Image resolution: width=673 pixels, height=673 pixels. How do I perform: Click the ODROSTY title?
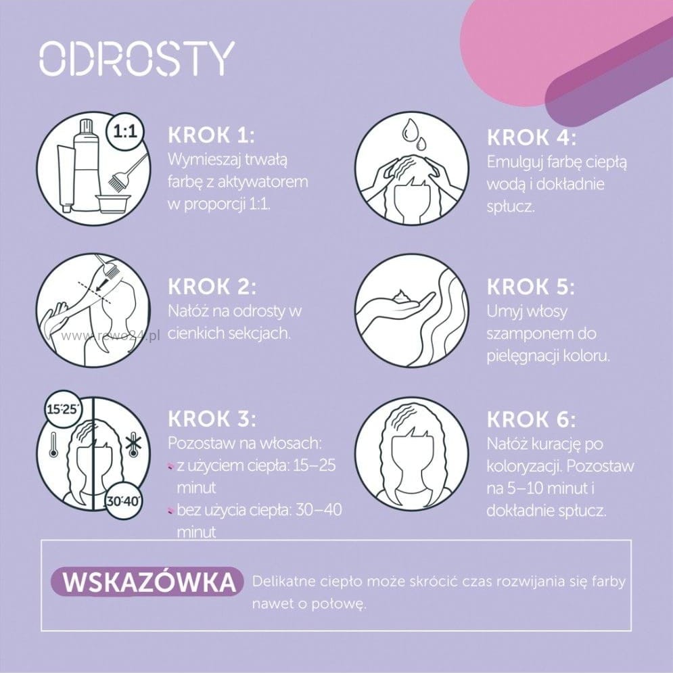point(137,58)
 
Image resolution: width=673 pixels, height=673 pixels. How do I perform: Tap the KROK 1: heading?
point(211,135)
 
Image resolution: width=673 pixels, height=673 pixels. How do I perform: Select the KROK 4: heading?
point(531,137)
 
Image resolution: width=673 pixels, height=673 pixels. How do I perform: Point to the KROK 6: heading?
point(531,419)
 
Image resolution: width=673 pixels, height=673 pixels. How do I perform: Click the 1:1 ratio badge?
point(125,131)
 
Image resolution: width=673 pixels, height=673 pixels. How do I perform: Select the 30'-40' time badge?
point(124,501)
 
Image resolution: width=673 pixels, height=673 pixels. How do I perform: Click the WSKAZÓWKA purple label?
point(147,582)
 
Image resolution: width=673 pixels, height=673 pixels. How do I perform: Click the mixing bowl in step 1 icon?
point(113,204)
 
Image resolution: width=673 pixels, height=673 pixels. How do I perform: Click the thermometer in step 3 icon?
point(53,444)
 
